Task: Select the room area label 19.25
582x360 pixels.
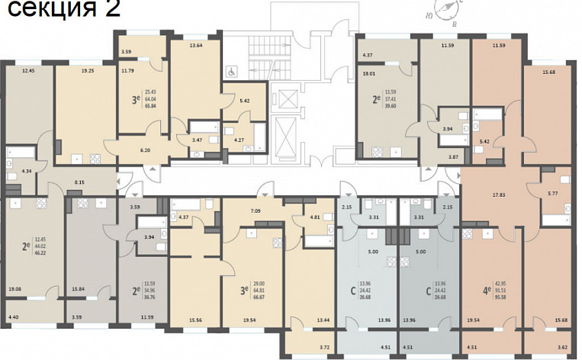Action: pos(88,70)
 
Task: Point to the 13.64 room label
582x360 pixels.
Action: pos(196,45)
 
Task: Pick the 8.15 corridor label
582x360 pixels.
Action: pos(79,183)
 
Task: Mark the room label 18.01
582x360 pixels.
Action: pos(370,74)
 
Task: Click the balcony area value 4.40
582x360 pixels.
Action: pos(14,316)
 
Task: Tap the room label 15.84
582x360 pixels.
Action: pos(76,288)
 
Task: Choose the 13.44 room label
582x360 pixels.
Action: pos(323,320)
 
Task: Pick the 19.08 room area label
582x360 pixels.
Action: pos(14,288)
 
